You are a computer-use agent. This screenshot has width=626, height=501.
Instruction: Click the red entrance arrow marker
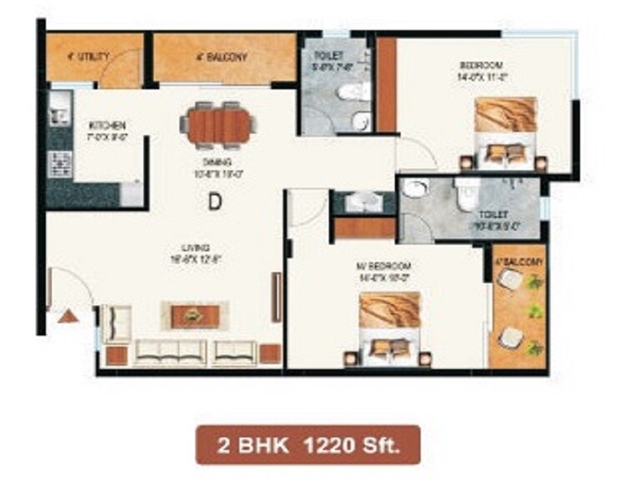(68, 315)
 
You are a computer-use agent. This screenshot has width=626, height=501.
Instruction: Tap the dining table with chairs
(219, 124)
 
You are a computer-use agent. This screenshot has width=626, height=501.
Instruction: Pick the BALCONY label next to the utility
(221, 58)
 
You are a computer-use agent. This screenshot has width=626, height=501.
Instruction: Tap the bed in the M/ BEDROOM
(390, 330)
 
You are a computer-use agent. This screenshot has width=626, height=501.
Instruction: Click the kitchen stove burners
(60, 163)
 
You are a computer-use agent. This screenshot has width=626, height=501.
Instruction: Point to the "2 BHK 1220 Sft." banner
(308, 444)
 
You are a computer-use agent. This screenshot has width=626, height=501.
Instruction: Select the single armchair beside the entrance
(116, 322)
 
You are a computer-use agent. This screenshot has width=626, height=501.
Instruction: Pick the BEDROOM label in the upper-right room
(480, 65)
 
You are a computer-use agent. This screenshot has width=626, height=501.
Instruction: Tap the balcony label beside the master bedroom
(517, 262)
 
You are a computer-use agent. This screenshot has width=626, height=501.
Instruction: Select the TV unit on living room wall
(276, 297)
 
